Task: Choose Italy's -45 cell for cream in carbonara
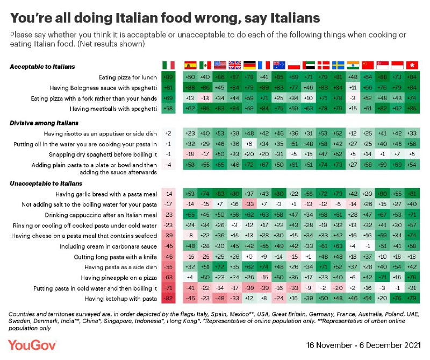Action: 168,246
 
